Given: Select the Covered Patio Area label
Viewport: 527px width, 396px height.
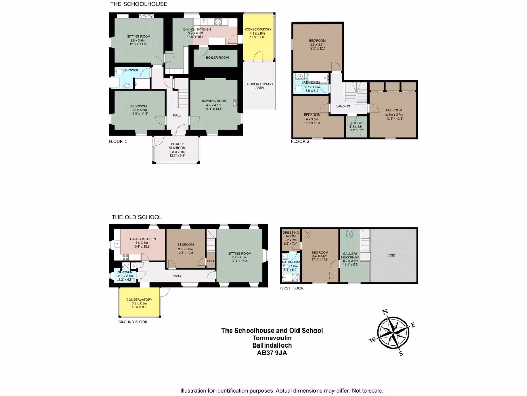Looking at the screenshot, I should pyautogui.click(x=260, y=86).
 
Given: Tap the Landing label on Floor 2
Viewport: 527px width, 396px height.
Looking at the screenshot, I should pyautogui.click(x=343, y=107).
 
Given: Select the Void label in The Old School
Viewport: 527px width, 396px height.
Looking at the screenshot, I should pyautogui.click(x=391, y=255).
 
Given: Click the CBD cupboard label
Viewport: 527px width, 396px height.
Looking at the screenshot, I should pyautogui.click(x=210, y=261).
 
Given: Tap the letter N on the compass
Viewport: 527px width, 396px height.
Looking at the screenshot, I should pyautogui.click(x=384, y=312).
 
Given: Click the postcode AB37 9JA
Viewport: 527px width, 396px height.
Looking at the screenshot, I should pyautogui.click(x=272, y=353).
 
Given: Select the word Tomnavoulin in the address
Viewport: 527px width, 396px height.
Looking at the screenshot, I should pyautogui.click(x=272, y=338).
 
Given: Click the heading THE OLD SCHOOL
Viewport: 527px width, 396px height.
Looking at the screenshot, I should pyautogui.click(x=136, y=217).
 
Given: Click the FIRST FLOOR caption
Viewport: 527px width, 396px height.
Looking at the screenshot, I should pyautogui.click(x=291, y=288).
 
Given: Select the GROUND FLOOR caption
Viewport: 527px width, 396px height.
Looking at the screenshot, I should pyautogui.click(x=133, y=322).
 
